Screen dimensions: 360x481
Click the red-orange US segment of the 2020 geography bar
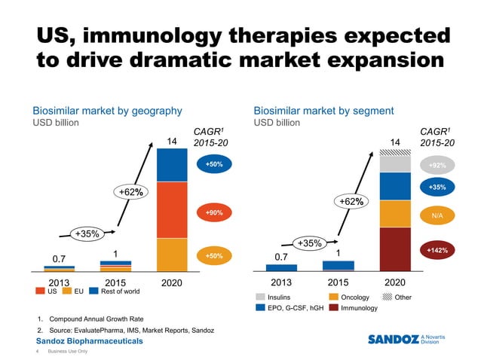(171, 210)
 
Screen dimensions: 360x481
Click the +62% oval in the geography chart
(131, 193)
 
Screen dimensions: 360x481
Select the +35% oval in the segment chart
(310, 243)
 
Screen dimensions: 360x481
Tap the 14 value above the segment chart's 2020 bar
(394, 142)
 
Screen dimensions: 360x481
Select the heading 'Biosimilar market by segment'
(323, 111)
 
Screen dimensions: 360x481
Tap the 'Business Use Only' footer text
(67, 352)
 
